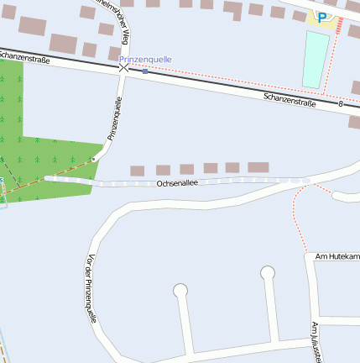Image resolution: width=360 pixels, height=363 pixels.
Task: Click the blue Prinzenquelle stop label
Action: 145,60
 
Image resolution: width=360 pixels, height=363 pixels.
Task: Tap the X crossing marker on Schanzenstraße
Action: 123,66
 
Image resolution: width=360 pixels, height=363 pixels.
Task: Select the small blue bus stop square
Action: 145,71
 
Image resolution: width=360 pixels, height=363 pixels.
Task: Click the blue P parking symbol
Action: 322,16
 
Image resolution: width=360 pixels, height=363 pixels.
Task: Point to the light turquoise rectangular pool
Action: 316,59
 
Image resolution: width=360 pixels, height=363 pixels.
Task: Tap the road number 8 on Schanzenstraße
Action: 341,104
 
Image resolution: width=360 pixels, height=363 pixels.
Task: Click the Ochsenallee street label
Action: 176,182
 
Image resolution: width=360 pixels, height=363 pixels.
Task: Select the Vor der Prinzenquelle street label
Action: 91,290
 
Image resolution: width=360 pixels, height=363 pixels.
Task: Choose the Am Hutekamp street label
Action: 337,255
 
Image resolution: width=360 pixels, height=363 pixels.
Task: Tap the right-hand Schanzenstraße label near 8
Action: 289,100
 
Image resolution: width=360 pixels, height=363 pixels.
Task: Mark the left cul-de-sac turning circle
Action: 180,291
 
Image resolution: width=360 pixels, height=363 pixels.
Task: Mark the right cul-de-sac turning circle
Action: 268,272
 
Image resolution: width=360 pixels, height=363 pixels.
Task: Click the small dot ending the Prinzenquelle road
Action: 95,157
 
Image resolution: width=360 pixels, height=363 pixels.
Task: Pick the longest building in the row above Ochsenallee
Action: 258,168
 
